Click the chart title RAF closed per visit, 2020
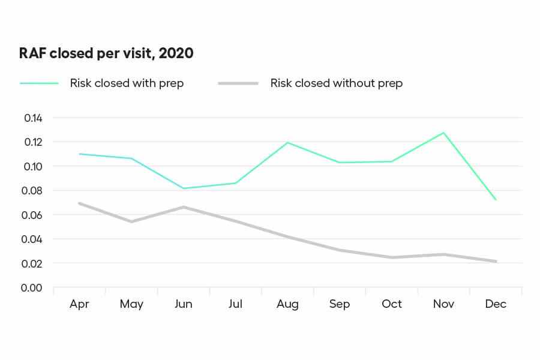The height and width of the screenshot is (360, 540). [107, 53]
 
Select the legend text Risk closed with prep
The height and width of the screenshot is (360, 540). [127, 83]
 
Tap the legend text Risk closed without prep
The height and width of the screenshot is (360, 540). [336, 83]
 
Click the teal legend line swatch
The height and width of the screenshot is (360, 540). [40, 83]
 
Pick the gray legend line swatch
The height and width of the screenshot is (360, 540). [238, 83]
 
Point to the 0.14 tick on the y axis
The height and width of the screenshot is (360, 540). [33, 118]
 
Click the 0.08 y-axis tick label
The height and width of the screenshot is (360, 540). [33, 191]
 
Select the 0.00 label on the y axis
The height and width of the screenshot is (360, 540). [33, 288]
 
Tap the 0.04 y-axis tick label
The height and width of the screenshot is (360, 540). [33, 239]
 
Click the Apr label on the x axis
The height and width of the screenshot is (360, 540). [79, 304]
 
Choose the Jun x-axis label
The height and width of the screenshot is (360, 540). [183, 304]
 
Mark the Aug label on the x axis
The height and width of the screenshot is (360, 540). [287, 304]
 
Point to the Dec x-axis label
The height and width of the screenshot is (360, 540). [496, 304]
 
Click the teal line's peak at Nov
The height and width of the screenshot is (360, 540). [443, 133]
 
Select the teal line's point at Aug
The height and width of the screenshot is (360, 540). [287, 142]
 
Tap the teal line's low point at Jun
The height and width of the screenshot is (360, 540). [183, 188]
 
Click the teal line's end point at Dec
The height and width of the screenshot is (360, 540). [496, 200]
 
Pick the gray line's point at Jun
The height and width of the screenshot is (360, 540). [183, 207]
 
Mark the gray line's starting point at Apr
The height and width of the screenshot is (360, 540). [79, 203]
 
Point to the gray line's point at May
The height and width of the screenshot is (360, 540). [131, 221]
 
